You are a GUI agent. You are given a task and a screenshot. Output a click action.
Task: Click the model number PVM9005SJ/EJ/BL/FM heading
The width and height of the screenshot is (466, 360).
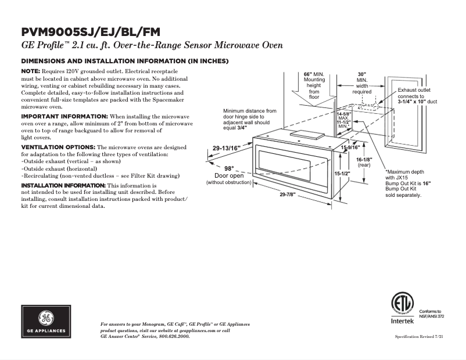point(91,33)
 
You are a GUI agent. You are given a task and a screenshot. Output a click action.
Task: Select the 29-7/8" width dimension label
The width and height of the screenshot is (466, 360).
point(288,195)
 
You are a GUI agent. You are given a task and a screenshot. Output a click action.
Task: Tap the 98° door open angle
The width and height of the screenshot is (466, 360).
point(229,168)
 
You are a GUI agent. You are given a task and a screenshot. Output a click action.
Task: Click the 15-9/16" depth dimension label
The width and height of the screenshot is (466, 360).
point(350,147)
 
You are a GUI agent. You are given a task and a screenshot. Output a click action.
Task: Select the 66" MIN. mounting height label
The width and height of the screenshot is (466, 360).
point(314,75)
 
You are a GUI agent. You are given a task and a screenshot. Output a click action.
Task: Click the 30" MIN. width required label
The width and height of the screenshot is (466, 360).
point(362,75)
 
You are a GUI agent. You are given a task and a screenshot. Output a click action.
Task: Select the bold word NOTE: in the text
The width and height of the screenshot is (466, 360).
point(31,71)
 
